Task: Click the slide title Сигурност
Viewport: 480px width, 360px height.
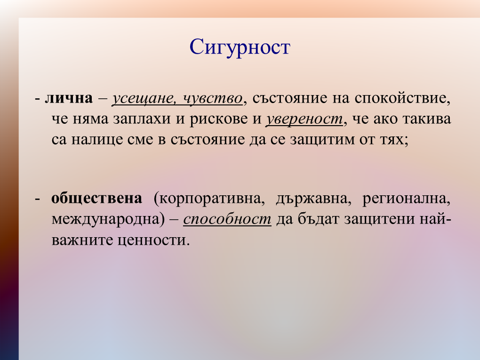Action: coord(240,47)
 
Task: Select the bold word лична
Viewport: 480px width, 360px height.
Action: coord(69,98)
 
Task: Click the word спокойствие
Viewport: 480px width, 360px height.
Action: coord(401,99)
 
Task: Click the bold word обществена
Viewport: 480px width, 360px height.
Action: coord(97,199)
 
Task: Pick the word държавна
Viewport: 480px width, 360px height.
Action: coord(312,199)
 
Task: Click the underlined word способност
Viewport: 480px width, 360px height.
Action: coord(227,220)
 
